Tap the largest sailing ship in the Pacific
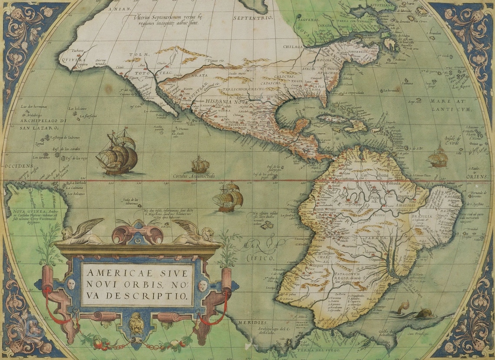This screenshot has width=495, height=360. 117,152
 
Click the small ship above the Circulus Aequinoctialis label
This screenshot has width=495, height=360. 200,165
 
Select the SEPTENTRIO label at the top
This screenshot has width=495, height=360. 252,18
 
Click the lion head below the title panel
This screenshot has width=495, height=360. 137,323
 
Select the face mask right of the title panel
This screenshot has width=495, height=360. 202,286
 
